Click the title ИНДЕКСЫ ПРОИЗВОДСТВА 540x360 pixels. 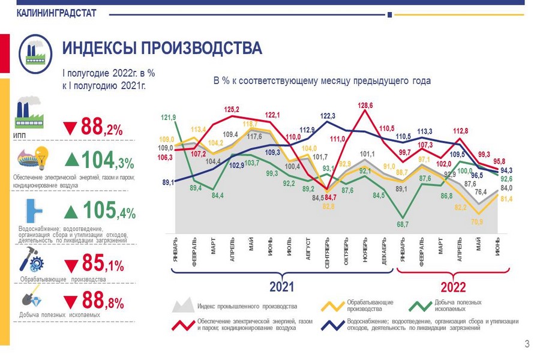(163, 49)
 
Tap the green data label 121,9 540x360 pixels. (169, 118)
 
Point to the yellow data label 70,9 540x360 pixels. (478, 221)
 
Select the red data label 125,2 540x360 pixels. (232, 110)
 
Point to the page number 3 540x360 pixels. (527, 344)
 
